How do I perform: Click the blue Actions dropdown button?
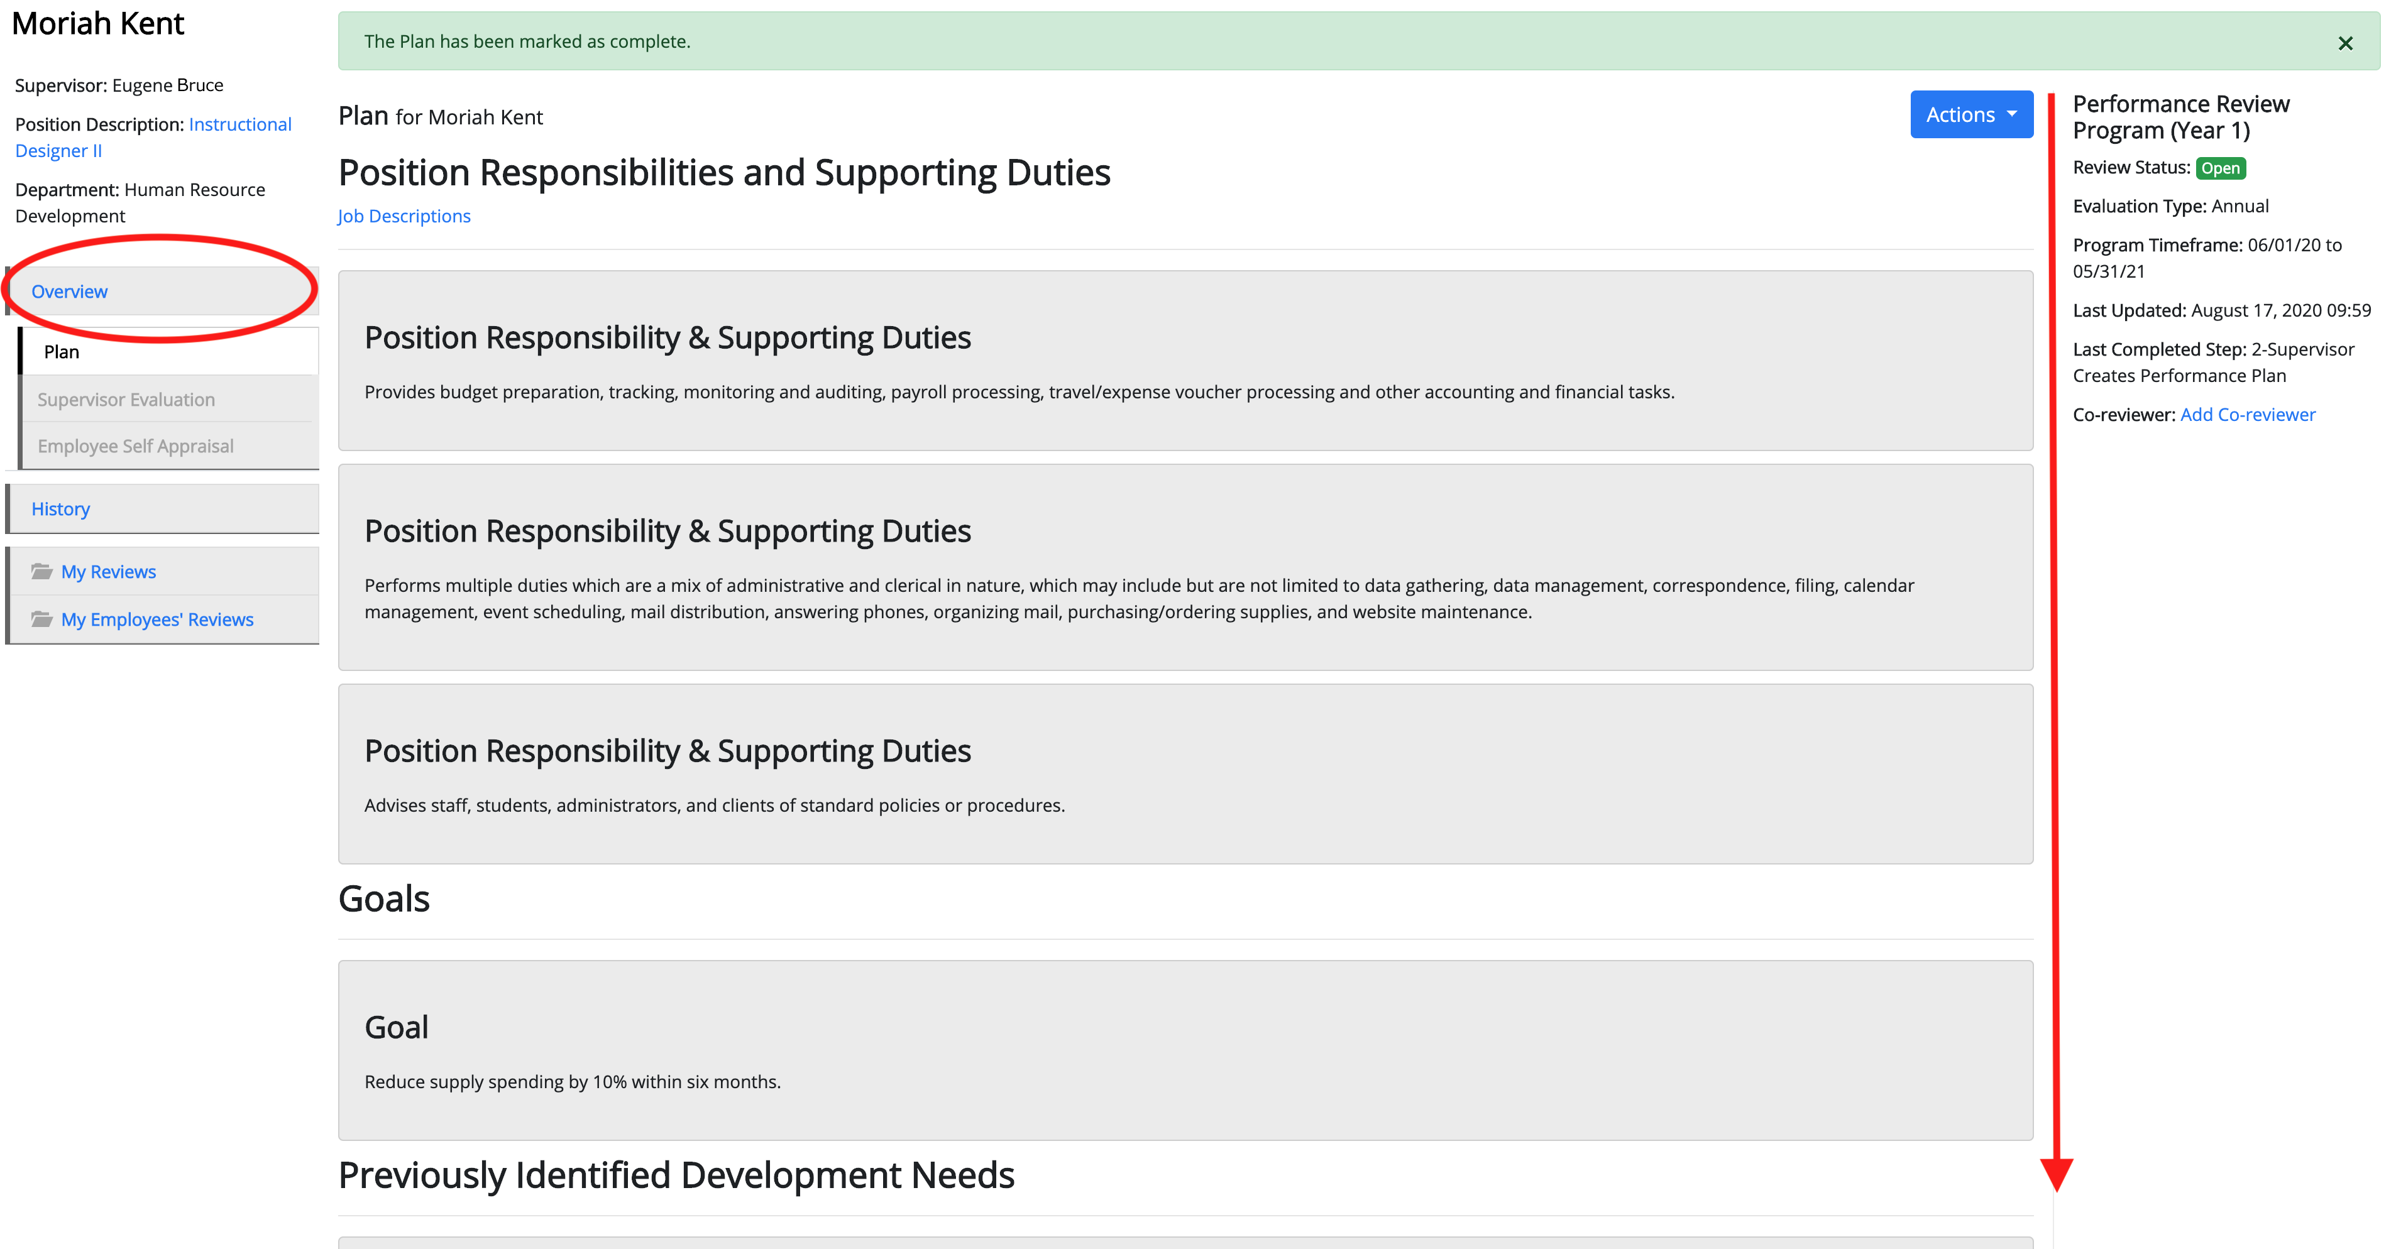click(1971, 114)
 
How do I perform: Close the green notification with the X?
click(2345, 43)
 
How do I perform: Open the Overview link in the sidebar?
click(70, 291)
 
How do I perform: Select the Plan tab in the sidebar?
click(62, 352)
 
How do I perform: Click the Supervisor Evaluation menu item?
click(126, 399)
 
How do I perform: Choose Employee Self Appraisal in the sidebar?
click(136, 445)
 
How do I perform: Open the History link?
click(60, 509)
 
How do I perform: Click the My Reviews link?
click(109, 571)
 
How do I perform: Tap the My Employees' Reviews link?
click(157, 619)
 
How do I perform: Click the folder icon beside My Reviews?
click(42, 571)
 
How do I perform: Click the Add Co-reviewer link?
click(2247, 414)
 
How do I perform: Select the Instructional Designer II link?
click(153, 137)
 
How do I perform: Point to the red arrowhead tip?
click(2057, 1191)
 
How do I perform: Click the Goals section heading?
click(384, 898)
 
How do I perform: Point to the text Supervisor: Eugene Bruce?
click(119, 85)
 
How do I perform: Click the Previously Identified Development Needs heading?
click(676, 1175)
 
